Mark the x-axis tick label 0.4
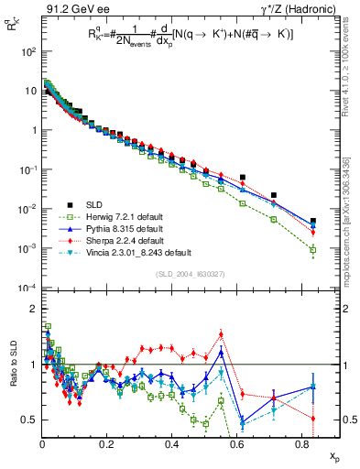[171, 443]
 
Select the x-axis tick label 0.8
[301, 443]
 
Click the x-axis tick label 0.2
[107, 443]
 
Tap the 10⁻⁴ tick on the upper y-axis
[27, 288]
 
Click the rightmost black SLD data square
[313, 221]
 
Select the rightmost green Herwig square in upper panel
[313, 249]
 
